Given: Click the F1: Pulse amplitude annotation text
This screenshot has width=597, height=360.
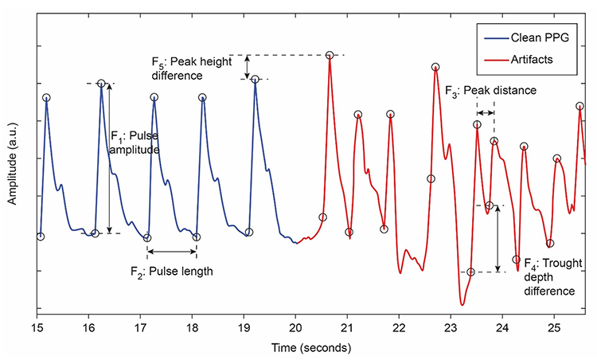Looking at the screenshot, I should coord(136,141).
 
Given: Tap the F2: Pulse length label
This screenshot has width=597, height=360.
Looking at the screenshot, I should coord(172,272).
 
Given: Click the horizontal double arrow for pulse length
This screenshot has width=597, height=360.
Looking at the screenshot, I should coord(173,252).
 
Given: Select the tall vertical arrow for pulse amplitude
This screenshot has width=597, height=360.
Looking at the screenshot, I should coord(110,158).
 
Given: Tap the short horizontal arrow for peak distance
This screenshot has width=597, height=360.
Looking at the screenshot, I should coord(485,112).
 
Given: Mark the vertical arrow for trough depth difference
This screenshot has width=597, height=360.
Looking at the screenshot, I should coord(497,239).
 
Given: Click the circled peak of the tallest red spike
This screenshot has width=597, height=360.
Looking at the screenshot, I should coord(330,55).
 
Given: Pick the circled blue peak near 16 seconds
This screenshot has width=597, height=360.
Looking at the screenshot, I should coord(101,84).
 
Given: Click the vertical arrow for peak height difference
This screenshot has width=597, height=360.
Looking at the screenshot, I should coord(248,67).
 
